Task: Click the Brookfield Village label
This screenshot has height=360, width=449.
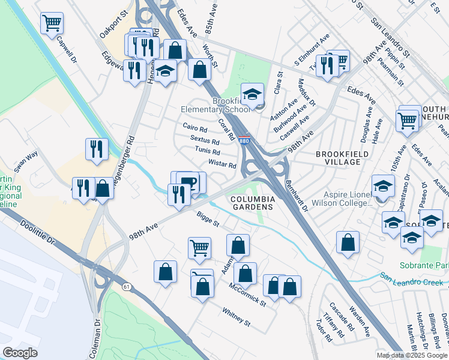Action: point(345,158)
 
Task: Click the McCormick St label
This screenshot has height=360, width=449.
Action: point(248,293)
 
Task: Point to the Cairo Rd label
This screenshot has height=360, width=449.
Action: point(195,128)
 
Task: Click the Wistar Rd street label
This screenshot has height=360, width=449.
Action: point(222,164)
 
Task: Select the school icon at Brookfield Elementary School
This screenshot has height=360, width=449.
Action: point(253,94)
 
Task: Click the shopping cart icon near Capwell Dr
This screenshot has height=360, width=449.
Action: point(52,23)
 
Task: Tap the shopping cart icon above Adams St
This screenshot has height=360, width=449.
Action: point(199,247)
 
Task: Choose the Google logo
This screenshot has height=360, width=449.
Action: point(20,353)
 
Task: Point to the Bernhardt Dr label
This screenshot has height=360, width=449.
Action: point(297,196)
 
